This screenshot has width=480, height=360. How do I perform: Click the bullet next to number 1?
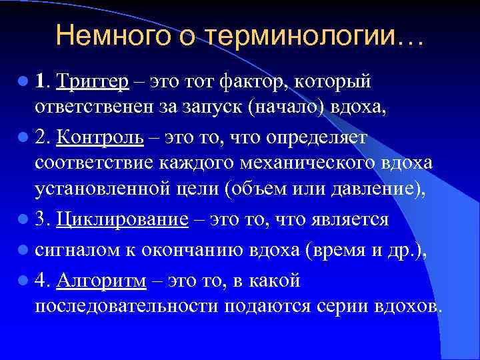(x=24, y=81)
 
